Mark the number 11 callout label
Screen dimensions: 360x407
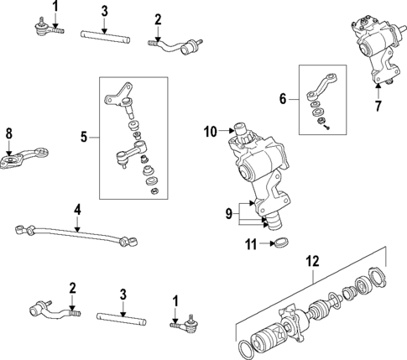(248, 244)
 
